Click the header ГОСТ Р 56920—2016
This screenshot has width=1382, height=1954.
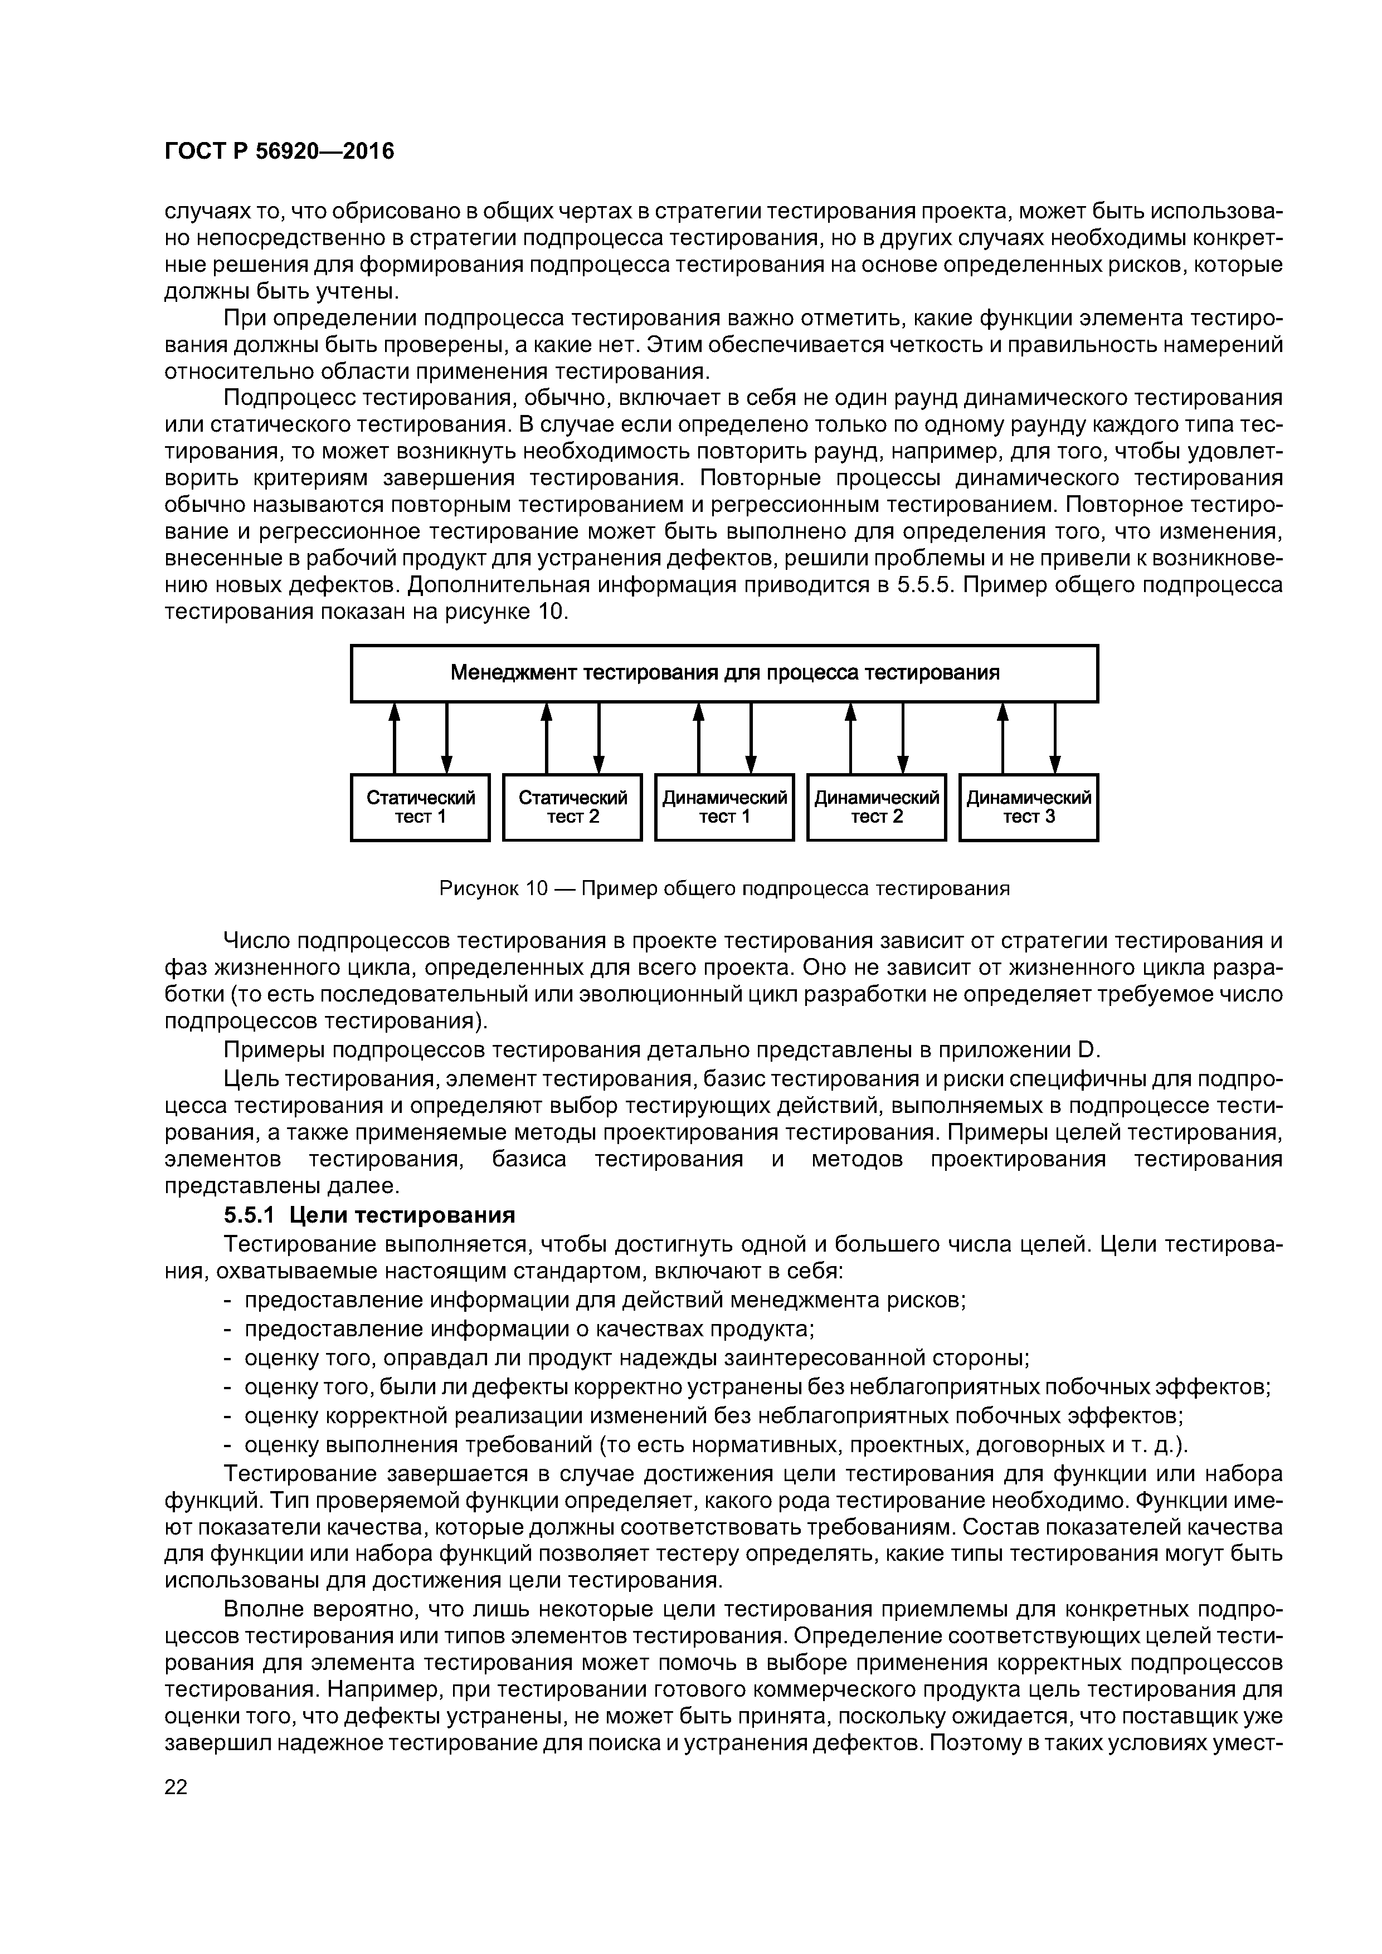(279, 152)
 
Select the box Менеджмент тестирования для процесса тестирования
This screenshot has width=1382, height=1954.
(724, 673)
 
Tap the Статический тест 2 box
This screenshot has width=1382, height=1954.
(572, 807)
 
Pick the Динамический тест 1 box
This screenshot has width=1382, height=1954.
(724, 807)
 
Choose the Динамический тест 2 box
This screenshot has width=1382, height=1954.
(876, 807)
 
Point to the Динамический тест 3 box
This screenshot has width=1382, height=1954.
(1029, 807)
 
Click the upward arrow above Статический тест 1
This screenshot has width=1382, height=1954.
(394, 737)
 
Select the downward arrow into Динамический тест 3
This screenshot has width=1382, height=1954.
(1055, 737)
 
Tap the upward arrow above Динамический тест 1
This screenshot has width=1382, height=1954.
(698, 737)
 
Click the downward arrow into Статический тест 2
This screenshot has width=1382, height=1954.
(598, 737)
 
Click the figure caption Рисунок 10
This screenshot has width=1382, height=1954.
(724, 888)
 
